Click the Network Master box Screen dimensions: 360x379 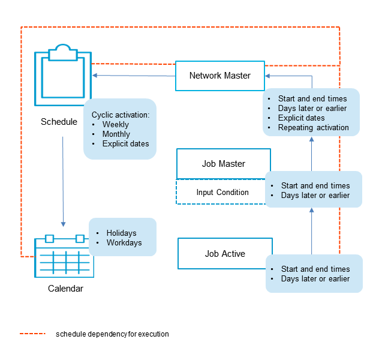click(x=219, y=76)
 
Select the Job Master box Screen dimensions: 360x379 click(x=223, y=164)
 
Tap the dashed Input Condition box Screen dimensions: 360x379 click(x=222, y=192)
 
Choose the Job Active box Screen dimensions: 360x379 click(x=224, y=254)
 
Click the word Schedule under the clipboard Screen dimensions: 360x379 click(x=59, y=122)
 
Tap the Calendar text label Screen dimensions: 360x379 click(x=65, y=289)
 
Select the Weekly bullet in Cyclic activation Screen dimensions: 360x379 click(x=115, y=125)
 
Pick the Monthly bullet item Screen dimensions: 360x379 click(x=116, y=134)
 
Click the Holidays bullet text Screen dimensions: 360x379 click(x=121, y=233)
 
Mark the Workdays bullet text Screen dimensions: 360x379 click(x=124, y=243)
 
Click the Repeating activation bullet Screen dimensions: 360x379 click(x=313, y=127)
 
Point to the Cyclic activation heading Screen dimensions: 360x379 click(x=120, y=115)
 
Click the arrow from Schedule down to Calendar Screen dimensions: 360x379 click(x=63, y=180)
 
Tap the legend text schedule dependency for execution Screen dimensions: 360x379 click(x=112, y=334)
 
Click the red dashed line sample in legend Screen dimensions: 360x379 click(x=32, y=334)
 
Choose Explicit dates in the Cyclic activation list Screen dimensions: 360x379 click(x=125, y=144)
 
